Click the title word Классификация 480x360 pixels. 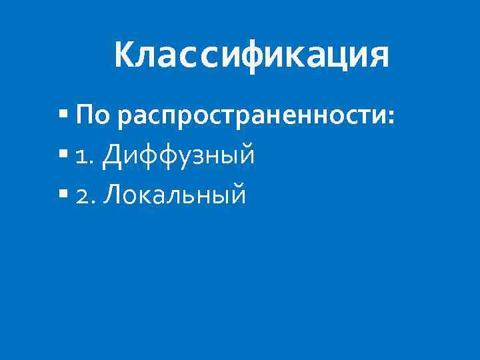tap(251, 55)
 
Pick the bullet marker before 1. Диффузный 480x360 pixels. tap(63, 156)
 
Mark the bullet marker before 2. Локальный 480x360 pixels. tap(63, 195)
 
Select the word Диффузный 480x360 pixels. tap(179, 156)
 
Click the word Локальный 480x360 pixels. tap(175, 195)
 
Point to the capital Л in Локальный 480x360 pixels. tap(112, 195)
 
